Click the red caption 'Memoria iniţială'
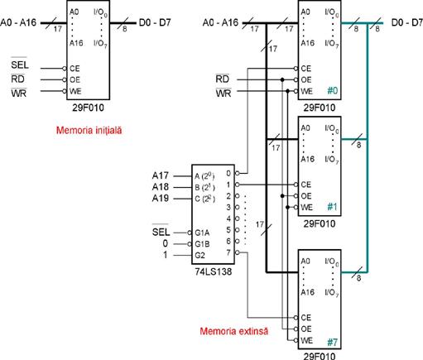pyautogui.click(x=89, y=130)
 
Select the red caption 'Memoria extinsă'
pyautogui.click(x=233, y=331)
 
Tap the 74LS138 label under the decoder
pyautogui.click(x=214, y=271)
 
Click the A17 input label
pyautogui.click(x=161, y=175)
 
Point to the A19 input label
pyautogui.click(x=161, y=199)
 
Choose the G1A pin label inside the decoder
pyautogui.click(x=202, y=233)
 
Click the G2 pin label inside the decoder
pyautogui.click(x=199, y=255)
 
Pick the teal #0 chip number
pyautogui.click(x=333, y=90)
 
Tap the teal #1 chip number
pyautogui.click(x=333, y=207)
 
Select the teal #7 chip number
pyautogui.click(x=333, y=343)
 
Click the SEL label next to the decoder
pyautogui.click(x=161, y=231)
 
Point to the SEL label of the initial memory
pyautogui.click(x=20, y=65)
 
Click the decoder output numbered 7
pyautogui.click(x=228, y=252)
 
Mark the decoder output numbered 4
pyautogui.click(x=228, y=218)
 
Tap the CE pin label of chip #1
pyautogui.click(x=306, y=185)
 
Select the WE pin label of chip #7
pyautogui.click(x=306, y=340)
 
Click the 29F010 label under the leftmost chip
pyautogui.click(x=88, y=108)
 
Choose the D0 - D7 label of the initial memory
pyautogui.click(x=155, y=22)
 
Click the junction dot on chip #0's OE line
pyautogui.click(x=282, y=79)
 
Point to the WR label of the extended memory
pyautogui.click(x=224, y=93)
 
